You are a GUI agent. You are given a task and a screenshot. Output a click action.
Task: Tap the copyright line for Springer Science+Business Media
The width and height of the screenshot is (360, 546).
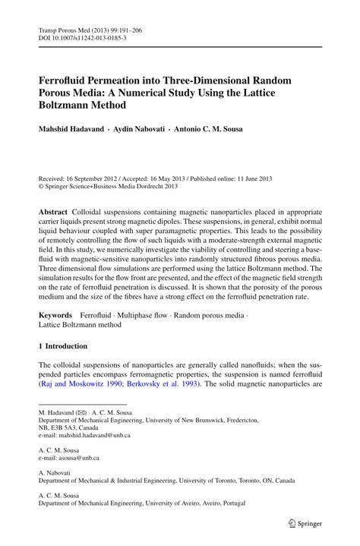point(114,182)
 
